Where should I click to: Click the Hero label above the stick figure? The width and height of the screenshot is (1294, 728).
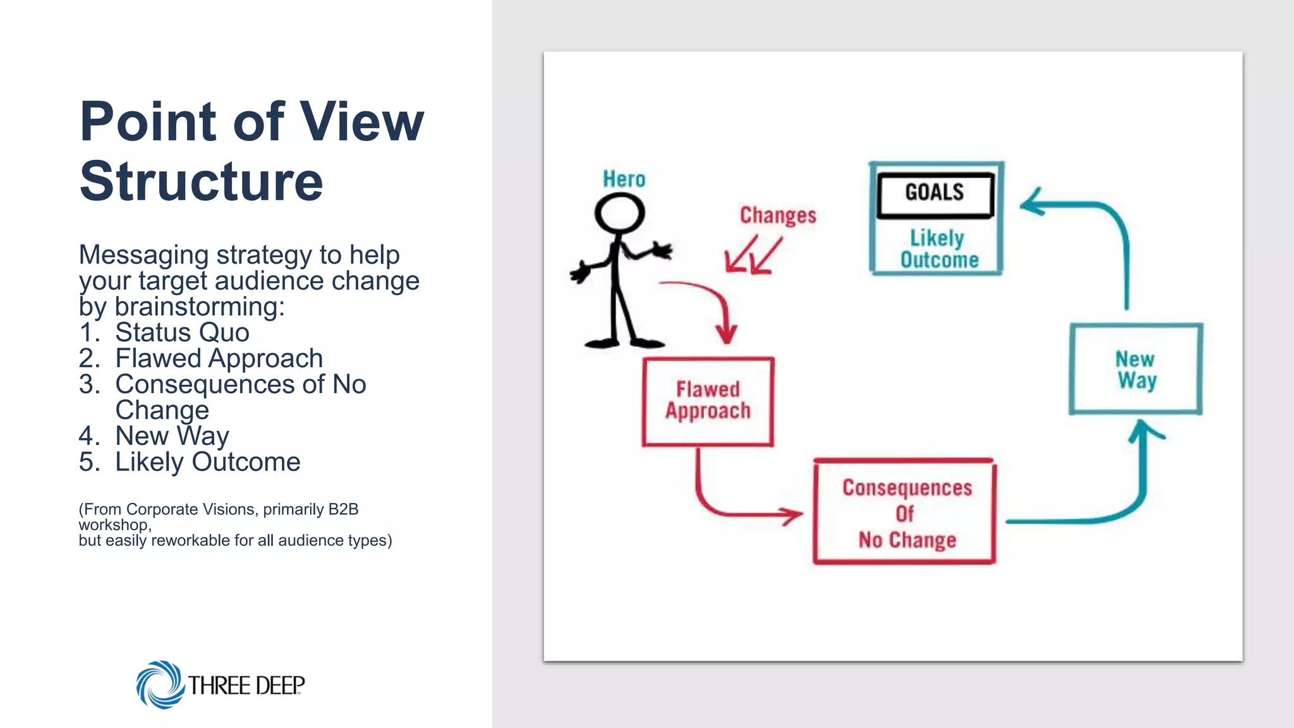[624, 179]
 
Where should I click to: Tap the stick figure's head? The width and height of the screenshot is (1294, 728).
[619, 213]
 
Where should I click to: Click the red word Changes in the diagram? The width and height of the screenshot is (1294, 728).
[778, 215]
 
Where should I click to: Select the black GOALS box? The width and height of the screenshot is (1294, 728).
[935, 193]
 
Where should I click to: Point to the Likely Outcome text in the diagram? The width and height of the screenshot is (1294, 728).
[938, 249]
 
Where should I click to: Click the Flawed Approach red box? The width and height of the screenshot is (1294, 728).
[708, 401]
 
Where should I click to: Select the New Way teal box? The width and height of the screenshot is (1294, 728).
[1135, 370]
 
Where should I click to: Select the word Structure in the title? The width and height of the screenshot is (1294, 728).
[201, 181]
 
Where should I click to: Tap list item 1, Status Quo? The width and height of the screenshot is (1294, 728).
[182, 332]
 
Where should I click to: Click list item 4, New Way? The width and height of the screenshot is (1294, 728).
[172, 436]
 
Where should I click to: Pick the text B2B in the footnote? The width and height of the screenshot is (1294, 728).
[343, 509]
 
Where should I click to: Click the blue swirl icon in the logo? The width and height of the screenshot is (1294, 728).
[159, 684]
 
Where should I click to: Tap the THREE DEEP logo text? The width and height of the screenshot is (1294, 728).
[246, 685]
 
